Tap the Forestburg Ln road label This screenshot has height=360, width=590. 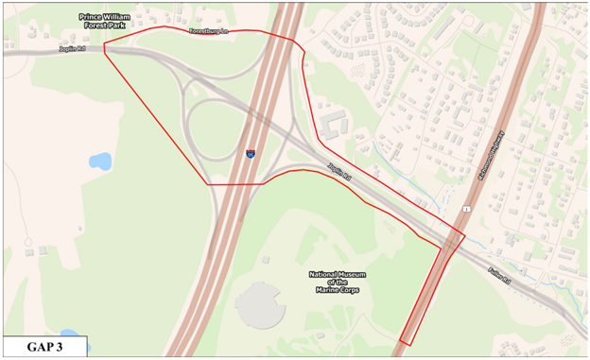(210, 31)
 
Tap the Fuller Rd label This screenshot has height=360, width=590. (498, 278)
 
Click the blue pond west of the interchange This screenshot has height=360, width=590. (100, 161)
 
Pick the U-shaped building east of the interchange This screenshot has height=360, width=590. (332, 124)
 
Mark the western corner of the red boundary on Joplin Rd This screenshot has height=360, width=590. (104, 52)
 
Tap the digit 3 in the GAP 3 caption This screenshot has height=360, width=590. (68, 348)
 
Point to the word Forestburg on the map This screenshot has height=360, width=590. (204, 31)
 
